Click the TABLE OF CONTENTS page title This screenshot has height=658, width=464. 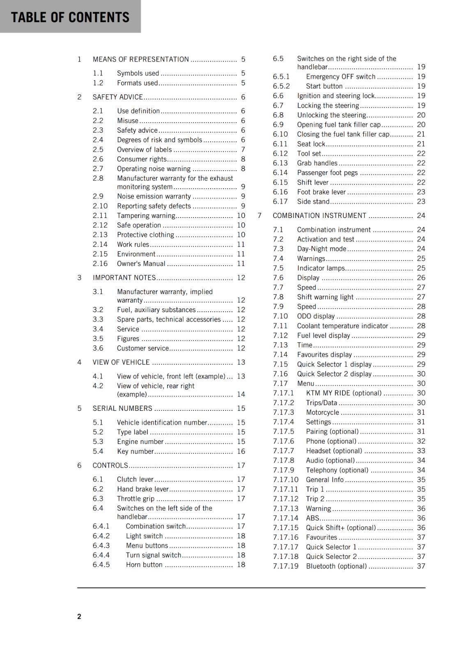click(70, 17)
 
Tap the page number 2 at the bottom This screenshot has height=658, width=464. click(79, 616)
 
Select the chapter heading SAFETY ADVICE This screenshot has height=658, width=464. click(117, 97)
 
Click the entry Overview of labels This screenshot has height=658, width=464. click(144, 150)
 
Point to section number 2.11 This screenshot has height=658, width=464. click(100, 215)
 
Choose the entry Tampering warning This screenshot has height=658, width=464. click(146, 215)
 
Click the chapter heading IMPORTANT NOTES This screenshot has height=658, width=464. click(124, 278)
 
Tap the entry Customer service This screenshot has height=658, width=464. click(142, 348)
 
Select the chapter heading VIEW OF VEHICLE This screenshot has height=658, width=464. click(121, 362)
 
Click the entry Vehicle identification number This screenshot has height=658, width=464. click(162, 422)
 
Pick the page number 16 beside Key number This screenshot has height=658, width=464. click(241, 451)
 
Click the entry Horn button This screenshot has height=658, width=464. click(144, 565)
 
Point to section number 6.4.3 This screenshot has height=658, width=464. click(101, 545)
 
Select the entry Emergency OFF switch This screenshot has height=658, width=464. click(340, 76)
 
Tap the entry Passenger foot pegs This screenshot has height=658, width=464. click(327, 173)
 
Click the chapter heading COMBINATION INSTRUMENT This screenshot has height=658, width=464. click(319, 215)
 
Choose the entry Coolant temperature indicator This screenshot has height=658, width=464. click(342, 326)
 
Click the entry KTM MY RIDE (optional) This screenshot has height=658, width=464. click(344, 393)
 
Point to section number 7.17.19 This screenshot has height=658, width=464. click(286, 566)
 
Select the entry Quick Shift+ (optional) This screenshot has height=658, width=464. click(341, 528)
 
